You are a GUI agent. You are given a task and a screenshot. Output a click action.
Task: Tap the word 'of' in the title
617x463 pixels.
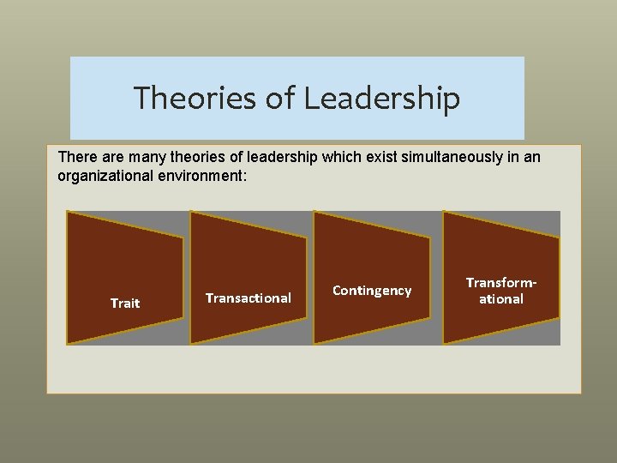click(280, 99)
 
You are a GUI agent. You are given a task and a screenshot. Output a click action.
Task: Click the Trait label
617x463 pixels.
click(125, 304)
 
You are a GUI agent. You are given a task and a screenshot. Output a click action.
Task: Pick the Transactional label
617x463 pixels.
click(249, 298)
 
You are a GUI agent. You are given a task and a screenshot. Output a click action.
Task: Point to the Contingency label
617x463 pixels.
click(372, 291)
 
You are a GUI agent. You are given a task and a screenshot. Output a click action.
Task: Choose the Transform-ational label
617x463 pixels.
click(500, 291)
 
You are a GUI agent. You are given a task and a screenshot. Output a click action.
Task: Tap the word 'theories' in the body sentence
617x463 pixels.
click(186, 158)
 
